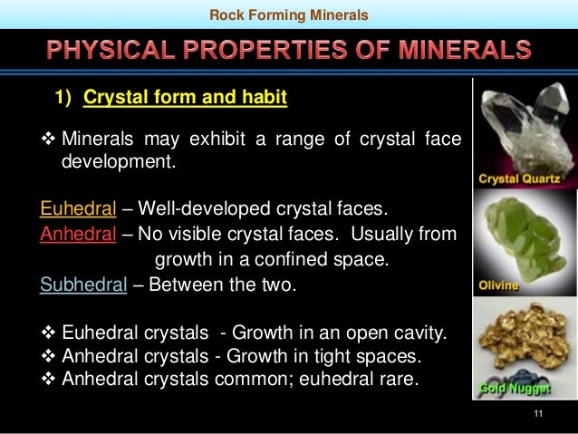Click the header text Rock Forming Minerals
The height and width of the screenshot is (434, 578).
point(289,14)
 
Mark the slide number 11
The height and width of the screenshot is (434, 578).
point(539,415)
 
